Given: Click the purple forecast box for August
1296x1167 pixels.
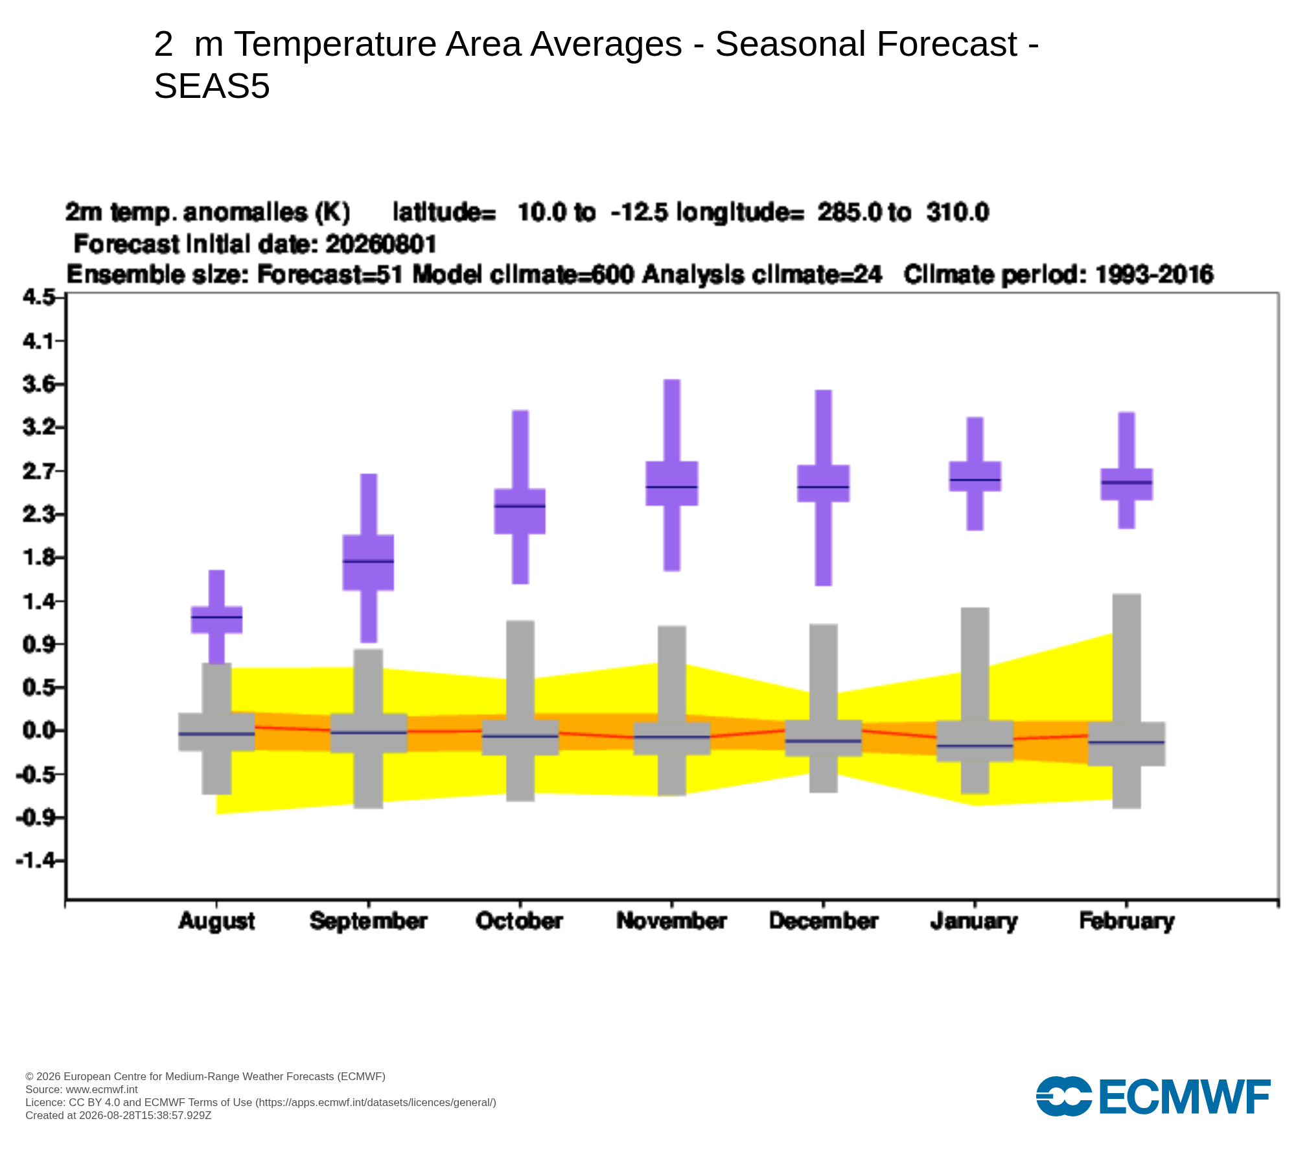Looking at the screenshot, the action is pos(216,619).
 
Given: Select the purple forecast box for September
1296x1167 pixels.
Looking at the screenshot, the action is pos(368,562).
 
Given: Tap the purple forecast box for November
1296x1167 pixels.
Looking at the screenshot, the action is pos(672,483).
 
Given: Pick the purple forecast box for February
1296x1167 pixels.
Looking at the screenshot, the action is pos(1127,484).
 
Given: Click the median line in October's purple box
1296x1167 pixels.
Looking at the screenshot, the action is pos(520,506).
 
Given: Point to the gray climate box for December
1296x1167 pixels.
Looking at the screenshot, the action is pos(824,738).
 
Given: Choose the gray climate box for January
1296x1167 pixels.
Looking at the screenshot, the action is pos(975,740).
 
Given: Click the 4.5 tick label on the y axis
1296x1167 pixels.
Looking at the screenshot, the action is pos(39,297).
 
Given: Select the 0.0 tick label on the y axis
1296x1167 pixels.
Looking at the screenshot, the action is pos(39,731).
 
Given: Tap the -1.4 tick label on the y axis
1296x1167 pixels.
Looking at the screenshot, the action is pos(37,860).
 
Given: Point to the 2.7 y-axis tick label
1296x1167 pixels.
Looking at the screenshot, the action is pos(39,471).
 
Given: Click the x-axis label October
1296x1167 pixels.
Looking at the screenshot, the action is pos(519,921).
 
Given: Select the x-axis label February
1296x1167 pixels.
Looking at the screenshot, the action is pos(1127,921).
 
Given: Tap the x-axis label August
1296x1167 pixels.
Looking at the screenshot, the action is pos(216,921).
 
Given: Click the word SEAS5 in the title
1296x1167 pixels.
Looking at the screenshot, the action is pos(212,86).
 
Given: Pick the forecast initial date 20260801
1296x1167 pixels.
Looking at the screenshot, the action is pos(381,244).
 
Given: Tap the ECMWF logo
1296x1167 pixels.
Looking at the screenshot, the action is pos(1153,1096).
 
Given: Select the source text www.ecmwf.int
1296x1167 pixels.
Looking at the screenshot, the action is pos(102,1089).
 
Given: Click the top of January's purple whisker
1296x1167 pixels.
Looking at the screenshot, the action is pos(975,418).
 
